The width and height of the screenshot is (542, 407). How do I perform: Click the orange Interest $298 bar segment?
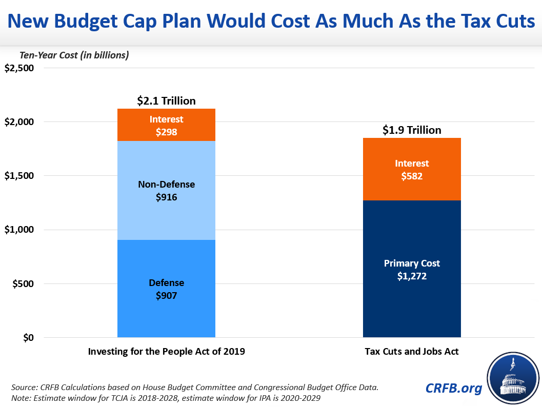click(x=166, y=125)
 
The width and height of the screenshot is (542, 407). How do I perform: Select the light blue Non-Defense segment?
click(x=166, y=190)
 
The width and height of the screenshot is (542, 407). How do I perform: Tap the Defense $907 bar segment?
click(x=166, y=289)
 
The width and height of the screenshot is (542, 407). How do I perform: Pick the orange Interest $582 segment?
click(x=412, y=169)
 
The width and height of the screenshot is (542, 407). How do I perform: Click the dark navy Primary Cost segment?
click(x=412, y=269)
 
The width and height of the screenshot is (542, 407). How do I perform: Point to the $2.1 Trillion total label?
click(x=166, y=101)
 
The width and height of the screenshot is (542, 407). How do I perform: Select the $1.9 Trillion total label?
click(x=412, y=130)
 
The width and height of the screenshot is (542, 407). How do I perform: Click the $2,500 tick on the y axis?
click(x=19, y=68)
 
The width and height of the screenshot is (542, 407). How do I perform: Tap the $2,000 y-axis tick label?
click(x=19, y=122)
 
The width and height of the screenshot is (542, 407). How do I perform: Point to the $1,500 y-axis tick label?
click(x=19, y=176)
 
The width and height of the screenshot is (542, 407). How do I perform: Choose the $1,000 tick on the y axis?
click(x=19, y=230)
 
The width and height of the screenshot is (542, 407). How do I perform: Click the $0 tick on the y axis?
click(x=27, y=338)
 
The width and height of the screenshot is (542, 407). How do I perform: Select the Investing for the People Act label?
click(x=166, y=352)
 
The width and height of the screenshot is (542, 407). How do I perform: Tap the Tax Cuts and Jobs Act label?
click(x=412, y=352)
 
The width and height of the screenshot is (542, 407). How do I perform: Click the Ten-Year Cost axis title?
click(x=74, y=55)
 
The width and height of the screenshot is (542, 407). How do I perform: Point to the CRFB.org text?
click(x=454, y=389)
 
